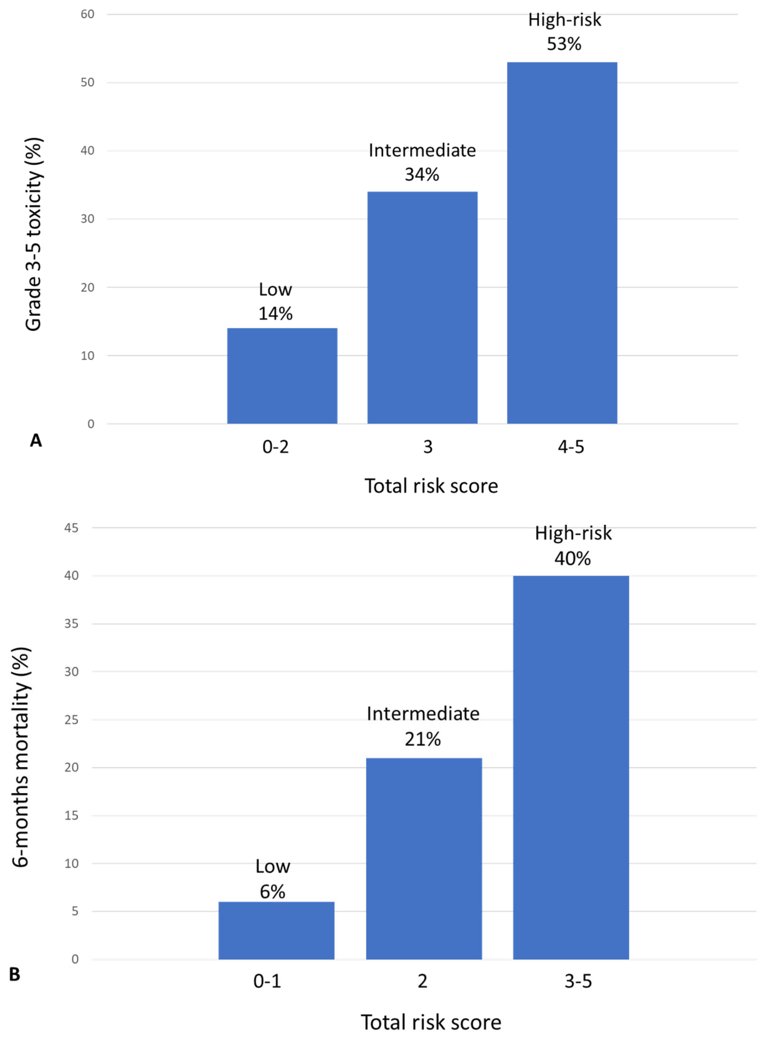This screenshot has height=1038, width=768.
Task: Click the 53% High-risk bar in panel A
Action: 562,243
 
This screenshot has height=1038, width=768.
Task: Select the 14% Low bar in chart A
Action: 282,376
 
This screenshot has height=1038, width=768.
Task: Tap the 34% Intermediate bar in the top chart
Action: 422,307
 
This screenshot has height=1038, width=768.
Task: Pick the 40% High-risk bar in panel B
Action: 571,767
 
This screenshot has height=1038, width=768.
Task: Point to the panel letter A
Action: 36,440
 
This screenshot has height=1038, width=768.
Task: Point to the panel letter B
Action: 15,974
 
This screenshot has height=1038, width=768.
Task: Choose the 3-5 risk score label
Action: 578,981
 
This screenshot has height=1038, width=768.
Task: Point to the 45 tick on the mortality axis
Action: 71,528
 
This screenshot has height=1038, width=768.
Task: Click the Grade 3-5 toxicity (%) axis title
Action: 33,234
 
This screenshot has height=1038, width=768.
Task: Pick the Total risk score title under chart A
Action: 431,486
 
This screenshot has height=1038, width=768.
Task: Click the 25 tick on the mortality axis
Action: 71,720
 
